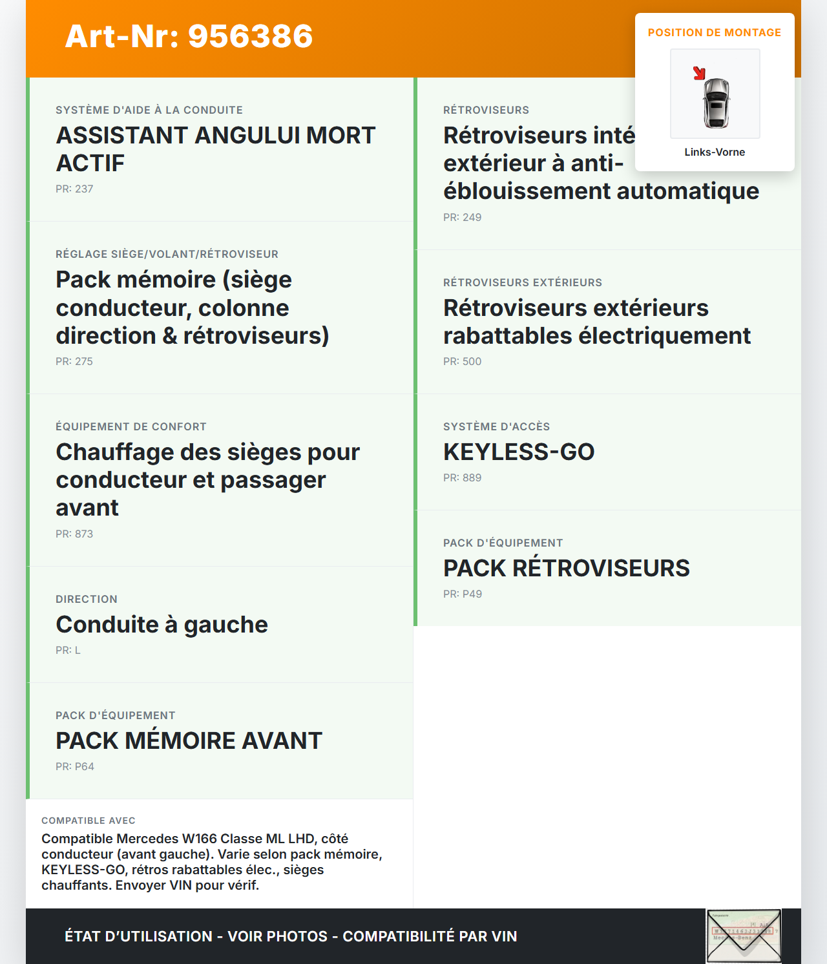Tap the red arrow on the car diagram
tap(699, 73)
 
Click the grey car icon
tap(717, 103)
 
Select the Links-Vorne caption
tap(715, 152)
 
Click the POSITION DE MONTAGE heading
tap(715, 32)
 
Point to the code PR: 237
tap(74, 189)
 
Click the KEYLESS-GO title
tap(519, 452)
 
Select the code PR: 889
tap(462, 477)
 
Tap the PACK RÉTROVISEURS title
tap(566, 568)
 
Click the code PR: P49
tap(462, 594)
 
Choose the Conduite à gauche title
tap(162, 624)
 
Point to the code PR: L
tap(68, 650)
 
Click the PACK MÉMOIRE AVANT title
tap(189, 740)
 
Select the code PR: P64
tap(74, 766)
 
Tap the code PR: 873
tap(74, 534)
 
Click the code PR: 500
tap(462, 361)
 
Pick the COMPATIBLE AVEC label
tap(89, 821)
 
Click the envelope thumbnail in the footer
tap(744, 936)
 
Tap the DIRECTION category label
tap(87, 599)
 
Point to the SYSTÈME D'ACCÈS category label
tap(496, 426)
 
